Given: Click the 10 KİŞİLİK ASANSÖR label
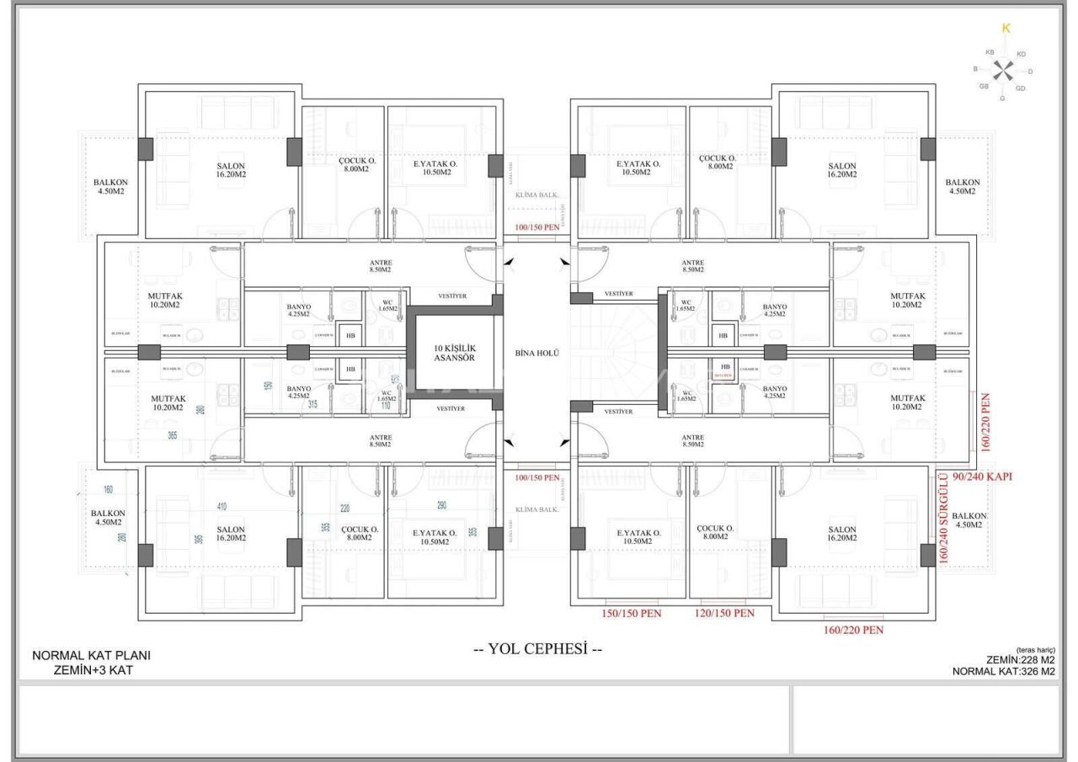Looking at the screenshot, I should (x=455, y=352).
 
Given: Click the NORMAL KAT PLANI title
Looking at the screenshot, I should (x=92, y=656).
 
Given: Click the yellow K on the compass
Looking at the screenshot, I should (x=1005, y=29).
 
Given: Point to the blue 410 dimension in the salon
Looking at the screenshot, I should (x=221, y=507).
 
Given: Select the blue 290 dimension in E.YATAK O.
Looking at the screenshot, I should (x=441, y=506).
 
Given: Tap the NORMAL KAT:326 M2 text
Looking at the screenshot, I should (x=1003, y=671).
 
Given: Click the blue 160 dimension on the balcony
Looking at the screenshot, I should (x=109, y=490).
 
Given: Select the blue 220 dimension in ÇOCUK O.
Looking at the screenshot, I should (x=344, y=509).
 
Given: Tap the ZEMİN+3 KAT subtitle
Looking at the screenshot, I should (x=92, y=670).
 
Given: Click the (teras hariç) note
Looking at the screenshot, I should (x=1036, y=650).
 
